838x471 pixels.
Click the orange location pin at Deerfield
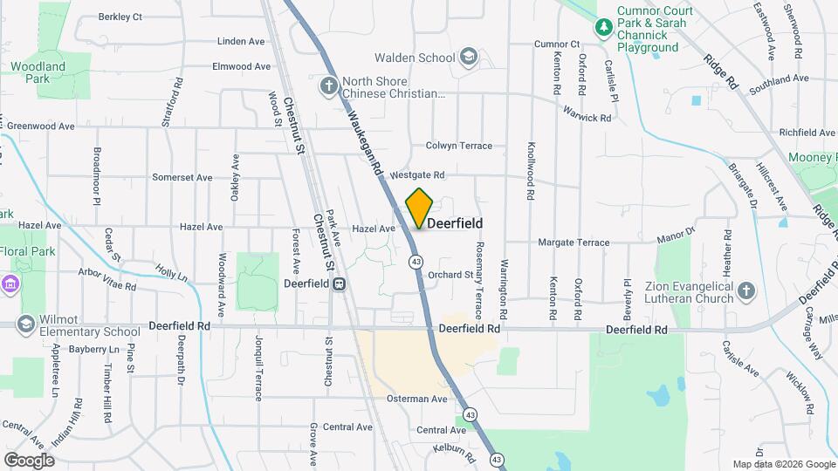coord(420,208)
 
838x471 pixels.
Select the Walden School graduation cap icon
coord(469,58)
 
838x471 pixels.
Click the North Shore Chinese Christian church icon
coord(328,85)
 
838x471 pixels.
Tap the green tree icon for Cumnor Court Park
coord(603,28)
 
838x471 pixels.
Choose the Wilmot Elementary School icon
coord(26,324)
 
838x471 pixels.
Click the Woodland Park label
coord(38,72)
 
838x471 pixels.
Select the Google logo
coord(29,460)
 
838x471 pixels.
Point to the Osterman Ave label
coord(417,399)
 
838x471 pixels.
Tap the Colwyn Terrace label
coord(459,146)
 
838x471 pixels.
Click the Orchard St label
coord(450,275)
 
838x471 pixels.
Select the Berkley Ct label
coord(120,17)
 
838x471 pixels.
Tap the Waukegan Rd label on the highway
coord(365,143)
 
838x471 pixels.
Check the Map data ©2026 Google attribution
coord(782,464)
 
